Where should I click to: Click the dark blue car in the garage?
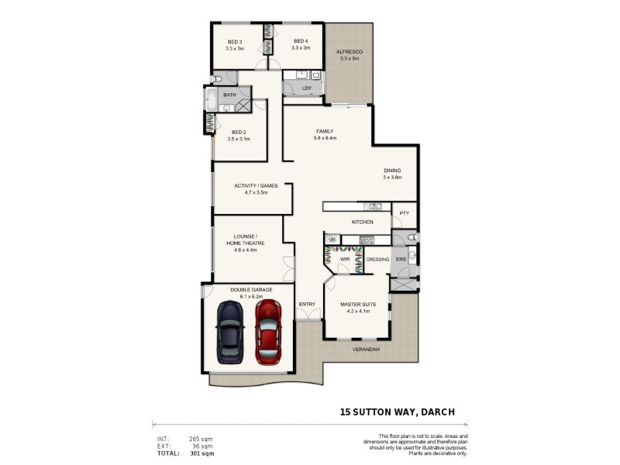pyautogui.click(x=230, y=332)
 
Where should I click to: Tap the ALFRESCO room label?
pyautogui.click(x=349, y=52)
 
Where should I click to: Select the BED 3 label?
pyautogui.click(x=235, y=42)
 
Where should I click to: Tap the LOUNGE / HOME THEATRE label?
pyautogui.click(x=246, y=239)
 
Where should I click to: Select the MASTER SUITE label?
pyautogui.click(x=358, y=305)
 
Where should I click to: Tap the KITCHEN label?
pyautogui.click(x=363, y=222)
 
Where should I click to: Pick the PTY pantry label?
pyautogui.click(x=404, y=213)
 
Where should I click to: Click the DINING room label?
pyautogui.click(x=392, y=170)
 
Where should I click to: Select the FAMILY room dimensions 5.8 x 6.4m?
pyautogui.click(x=324, y=139)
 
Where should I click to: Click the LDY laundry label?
pyautogui.click(x=307, y=88)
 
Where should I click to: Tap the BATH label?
pyautogui.click(x=229, y=95)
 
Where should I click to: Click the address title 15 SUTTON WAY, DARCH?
pyautogui.click(x=398, y=412)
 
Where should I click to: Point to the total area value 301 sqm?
pyautogui.click(x=201, y=453)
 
